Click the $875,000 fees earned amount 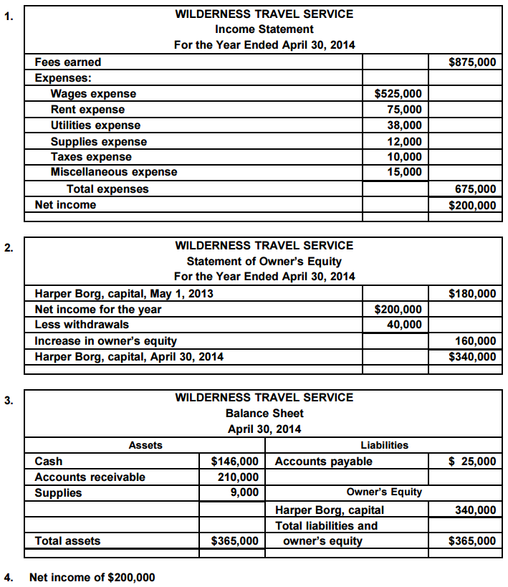click(471, 62)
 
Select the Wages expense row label click(93, 94)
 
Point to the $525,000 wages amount click(398, 94)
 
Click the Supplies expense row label click(98, 141)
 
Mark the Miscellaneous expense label click(113, 172)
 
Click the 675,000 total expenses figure click(475, 189)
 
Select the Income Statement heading click(264, 29)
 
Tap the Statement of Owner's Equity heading click(264, 261)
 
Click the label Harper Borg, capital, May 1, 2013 click(123, 294)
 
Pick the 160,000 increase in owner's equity click(475, 341)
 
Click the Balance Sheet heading click(264, 414)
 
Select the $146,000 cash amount click(234, 462)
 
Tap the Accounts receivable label click(90, 477)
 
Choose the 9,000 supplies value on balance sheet click(244, 492)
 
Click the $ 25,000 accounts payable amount click(471, 462)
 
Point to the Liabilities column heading click(384, 445)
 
